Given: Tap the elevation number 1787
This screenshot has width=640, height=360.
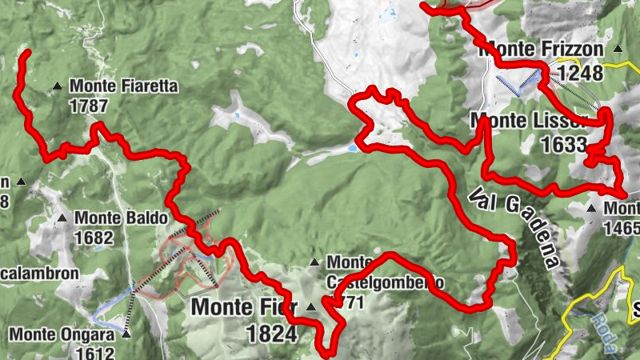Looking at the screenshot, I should pyautogui.click(x=86, y=105).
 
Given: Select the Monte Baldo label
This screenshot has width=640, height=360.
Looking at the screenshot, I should pyautogui.click(x=122, y=218).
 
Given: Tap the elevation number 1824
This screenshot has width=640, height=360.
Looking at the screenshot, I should pyautogui.click(x=272, y=334).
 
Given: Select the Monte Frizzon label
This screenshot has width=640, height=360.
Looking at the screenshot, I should pyautogui.click(x=541, y=50).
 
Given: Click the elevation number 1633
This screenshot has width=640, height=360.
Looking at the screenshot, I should pyautogui.click(x=564, y=145).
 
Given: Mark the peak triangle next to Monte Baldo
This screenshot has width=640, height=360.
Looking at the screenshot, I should pyautogui.click(x=62, y=218).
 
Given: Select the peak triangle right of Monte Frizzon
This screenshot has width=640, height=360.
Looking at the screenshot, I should pyautogui.click(x=618, y=50).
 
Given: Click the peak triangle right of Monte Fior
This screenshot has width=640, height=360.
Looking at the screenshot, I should pyautogui.click(x=310, y=306).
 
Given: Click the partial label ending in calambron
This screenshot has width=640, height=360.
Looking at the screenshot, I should pyautogui.click(x=40, y=273).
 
